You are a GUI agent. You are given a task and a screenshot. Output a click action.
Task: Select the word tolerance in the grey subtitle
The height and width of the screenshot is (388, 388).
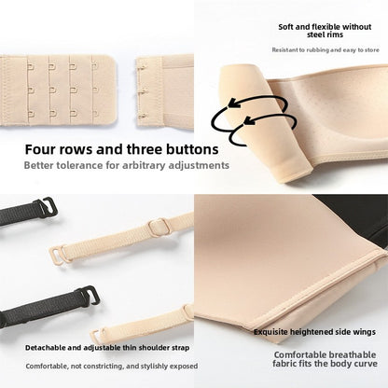click(79, 165)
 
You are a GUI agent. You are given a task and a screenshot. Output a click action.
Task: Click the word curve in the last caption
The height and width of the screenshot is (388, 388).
click(366, 364)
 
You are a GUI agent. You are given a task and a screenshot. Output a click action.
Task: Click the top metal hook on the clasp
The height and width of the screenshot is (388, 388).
click(142, 67)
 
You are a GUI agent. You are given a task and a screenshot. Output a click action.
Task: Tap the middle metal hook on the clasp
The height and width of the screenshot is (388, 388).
click(143, 91)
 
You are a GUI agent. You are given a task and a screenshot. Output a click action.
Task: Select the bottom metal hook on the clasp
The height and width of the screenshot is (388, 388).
click(143, 117)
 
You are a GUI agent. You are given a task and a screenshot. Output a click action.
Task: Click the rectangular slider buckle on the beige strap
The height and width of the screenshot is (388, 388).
click(159, 227)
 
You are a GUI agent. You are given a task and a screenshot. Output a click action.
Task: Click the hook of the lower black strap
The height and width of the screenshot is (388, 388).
click(89, 296)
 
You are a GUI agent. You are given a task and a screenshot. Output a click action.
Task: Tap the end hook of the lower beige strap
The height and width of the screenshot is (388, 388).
click(97, 336)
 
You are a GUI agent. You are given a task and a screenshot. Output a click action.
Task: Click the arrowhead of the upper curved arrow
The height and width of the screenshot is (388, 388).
click(234, 103)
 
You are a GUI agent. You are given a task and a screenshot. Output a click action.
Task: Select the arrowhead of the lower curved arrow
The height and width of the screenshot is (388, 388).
click(249, 120)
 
